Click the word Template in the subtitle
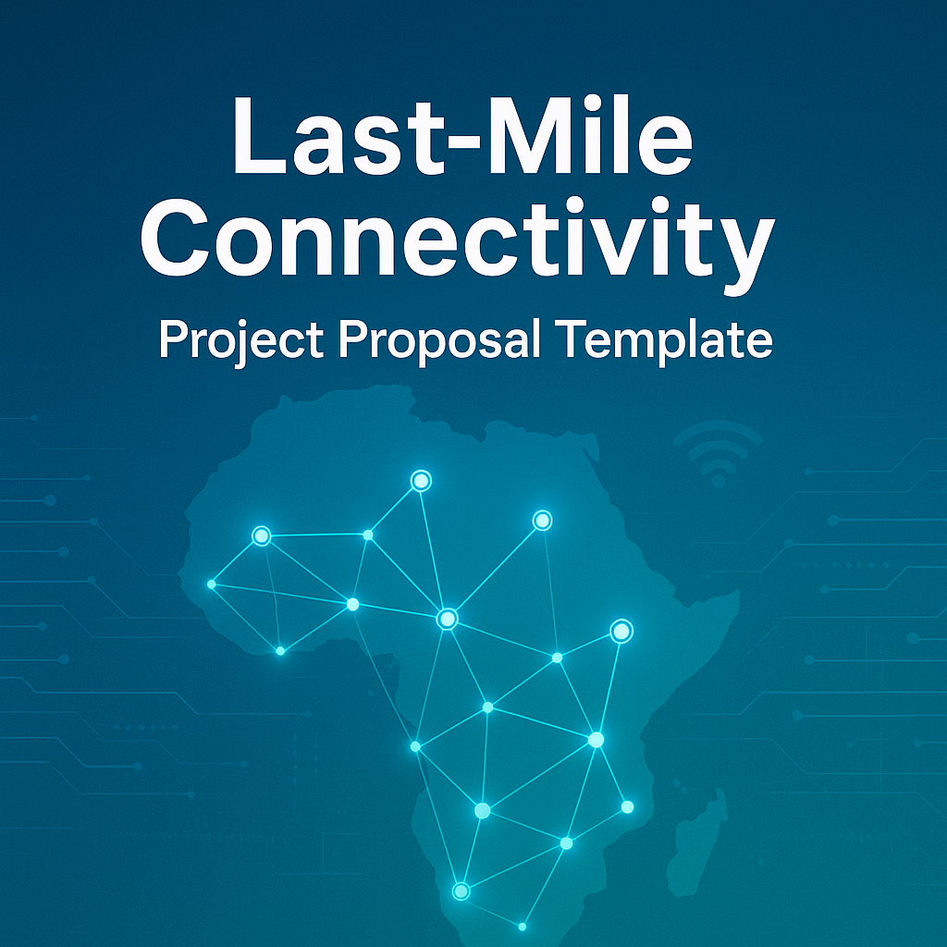(x=663, y=341)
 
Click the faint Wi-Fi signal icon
(x=718, y=453)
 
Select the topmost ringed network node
(x=421, y=481)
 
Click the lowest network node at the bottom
(x=523, y=927)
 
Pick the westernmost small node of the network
(x=212, y=584)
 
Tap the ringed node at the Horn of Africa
(x=621, y=631)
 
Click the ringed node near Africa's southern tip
(x=461, y=891)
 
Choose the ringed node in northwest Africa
(x=262, y=535)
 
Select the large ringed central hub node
(x=447, y=619)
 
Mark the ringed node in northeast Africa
(x=542, y=520)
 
